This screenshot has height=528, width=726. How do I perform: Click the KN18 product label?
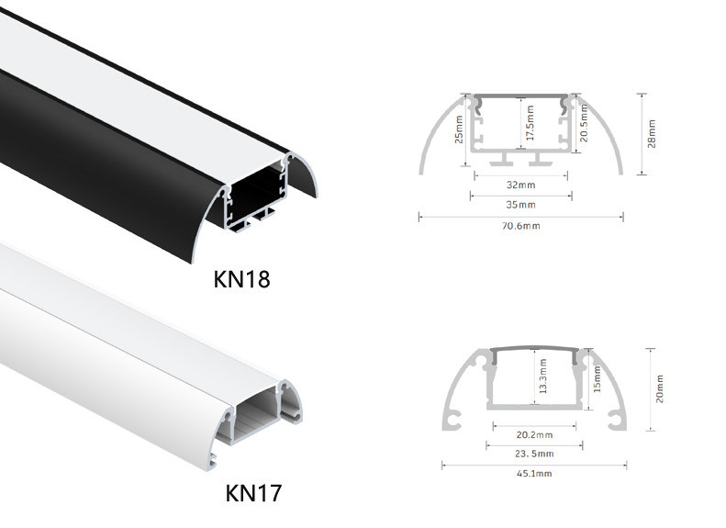(x=241, y=279)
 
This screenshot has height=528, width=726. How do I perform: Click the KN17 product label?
(x=253, y=493)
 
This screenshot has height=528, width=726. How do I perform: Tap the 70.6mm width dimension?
(x=521, y=226)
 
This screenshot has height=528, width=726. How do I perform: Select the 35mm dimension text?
(x=521, y=205)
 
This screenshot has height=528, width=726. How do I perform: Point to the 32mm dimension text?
(x=521, y=185)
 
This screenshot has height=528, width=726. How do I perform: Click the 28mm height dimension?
(x=652, y=134)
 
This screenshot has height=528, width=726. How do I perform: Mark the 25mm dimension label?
(x=458, y=129)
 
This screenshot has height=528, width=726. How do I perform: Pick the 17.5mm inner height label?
(x=530, y=123)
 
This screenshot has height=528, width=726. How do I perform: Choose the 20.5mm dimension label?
(x=584, y=123)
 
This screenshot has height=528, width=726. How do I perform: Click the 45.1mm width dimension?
(x=534, y=473)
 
